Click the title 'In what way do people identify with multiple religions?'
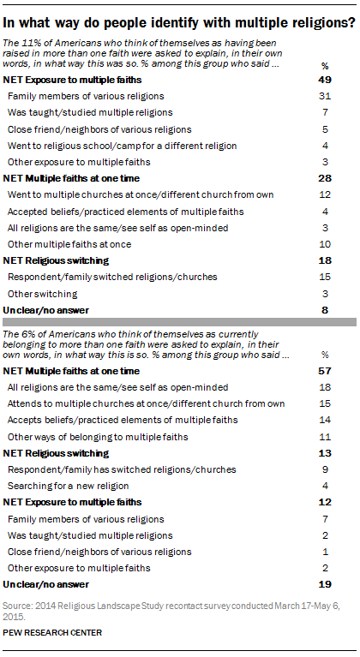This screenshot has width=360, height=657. [x=179, y=12]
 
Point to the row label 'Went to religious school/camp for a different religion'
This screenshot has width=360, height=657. [x=116, y=145]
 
